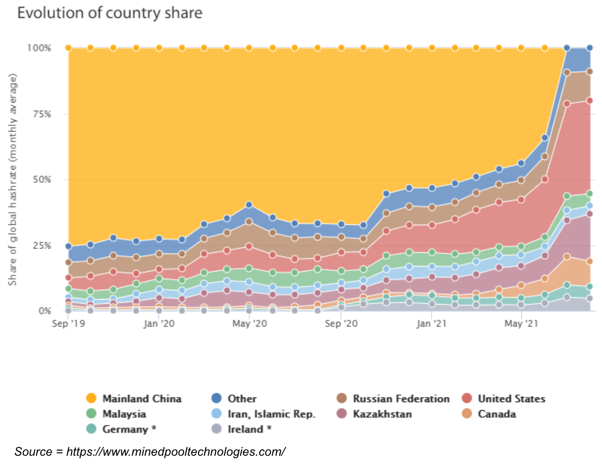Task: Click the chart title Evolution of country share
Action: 110,13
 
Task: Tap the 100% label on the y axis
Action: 40,48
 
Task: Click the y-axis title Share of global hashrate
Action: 13,180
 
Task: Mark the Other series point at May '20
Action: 249,205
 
